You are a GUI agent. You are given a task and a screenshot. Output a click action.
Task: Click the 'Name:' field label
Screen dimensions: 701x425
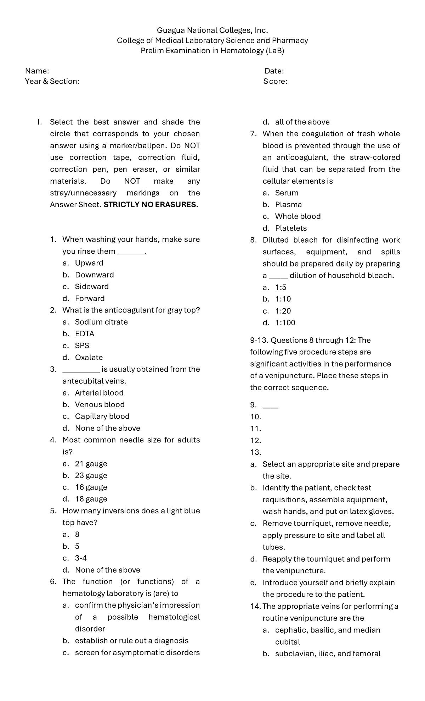[x=37, y=71]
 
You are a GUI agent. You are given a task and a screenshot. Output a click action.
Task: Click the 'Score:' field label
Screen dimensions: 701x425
[x=275, y=82]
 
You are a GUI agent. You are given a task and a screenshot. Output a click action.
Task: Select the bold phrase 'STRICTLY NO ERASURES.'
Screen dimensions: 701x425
[x=151, y=205]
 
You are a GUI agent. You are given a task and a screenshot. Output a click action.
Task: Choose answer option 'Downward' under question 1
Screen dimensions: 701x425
[x=94, y=275]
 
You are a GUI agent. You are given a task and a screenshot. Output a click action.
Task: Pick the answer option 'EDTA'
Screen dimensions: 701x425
[x=84, y=334]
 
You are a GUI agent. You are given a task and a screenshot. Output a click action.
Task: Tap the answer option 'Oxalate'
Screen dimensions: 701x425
[x=89, y=358]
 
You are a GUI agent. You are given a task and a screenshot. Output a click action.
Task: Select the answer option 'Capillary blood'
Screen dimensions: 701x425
[x=102, y=416]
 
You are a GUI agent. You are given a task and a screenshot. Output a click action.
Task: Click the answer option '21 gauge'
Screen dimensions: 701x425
[x=91, y=464]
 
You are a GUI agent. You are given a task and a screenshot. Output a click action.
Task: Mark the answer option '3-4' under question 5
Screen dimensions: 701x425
[x=81, y=558]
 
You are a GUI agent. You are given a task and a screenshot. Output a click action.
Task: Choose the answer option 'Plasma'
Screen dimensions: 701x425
[x=288, y=205]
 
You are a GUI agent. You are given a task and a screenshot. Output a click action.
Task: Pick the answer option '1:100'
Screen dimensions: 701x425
[x=285, y=323]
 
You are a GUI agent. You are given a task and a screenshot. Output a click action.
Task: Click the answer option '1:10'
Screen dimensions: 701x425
[x=283, y=299]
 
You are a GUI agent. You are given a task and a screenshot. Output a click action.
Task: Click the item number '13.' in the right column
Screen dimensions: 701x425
[x=255, y=452]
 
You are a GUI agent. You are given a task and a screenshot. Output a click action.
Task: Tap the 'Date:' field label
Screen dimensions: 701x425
[x=274, y=71]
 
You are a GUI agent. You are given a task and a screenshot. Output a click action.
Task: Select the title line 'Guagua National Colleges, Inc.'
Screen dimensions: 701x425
[x=212, y=30]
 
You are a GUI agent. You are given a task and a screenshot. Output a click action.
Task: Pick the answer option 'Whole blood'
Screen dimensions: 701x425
[x=297, y=216]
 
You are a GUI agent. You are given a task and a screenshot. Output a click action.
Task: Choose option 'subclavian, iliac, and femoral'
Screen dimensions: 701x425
[x=328, y=654]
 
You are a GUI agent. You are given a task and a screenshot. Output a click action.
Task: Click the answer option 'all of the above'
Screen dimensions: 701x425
[x=302, y=122]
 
